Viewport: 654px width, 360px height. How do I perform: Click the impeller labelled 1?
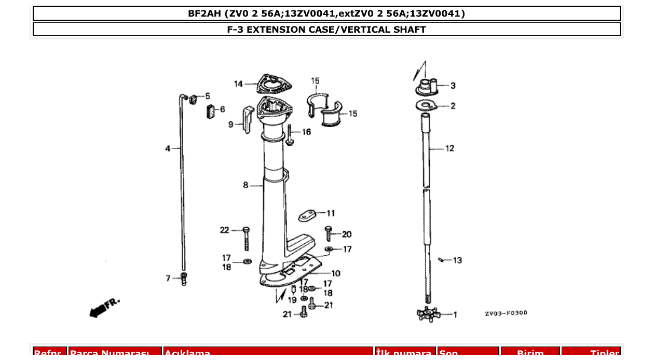pos(428,314)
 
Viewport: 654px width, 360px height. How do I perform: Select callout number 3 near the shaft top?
pos(453,86)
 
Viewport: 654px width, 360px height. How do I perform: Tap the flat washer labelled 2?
pos(427,106)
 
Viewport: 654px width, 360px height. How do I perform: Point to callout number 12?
pos(449,148)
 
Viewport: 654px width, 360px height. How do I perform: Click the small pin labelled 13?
pos(441,260)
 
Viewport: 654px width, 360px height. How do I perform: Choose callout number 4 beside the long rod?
pos(168,149)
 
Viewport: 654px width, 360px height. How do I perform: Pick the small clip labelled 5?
pos(193,99)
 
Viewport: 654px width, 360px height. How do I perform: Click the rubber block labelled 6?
pos(210,112)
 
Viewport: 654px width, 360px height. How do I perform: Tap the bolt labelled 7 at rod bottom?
pos(183,279)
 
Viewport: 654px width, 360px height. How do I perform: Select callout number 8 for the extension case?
pos(246,185)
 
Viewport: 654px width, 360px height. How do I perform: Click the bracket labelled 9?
pos(248,119)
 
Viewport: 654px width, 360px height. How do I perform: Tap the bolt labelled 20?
pos(329,233)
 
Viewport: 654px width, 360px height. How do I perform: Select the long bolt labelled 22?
pos(246,238)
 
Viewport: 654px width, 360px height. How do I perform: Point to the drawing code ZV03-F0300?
pos(506,313)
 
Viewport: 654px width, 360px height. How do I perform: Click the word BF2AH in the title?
pos(204,13)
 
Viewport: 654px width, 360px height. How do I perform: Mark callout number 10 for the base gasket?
pos(336,273)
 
